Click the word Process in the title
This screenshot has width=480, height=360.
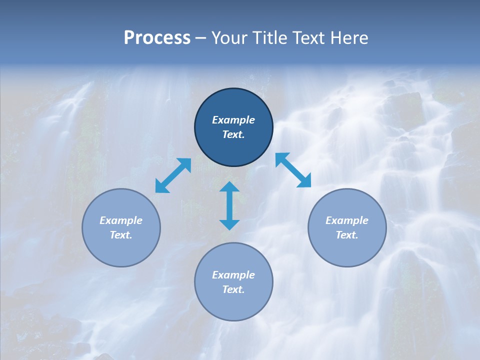coord(157,38)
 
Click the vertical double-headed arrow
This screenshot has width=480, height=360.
coord(229,205)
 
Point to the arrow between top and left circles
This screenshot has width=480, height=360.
coord(173,175)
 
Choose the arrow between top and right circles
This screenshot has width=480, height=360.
coord(293,170)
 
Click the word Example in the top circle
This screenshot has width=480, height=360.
coord(233,120)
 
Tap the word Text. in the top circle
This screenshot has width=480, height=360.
coord(233,134)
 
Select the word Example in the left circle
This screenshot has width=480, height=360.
coord(121,220)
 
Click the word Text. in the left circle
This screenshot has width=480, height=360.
coord(121,235)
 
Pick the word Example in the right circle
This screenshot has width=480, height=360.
coord(347,220)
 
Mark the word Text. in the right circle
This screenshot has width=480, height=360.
coord(347,235)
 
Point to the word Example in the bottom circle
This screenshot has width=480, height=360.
coord(233,275)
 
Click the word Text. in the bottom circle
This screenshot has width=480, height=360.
coord(233,289)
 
